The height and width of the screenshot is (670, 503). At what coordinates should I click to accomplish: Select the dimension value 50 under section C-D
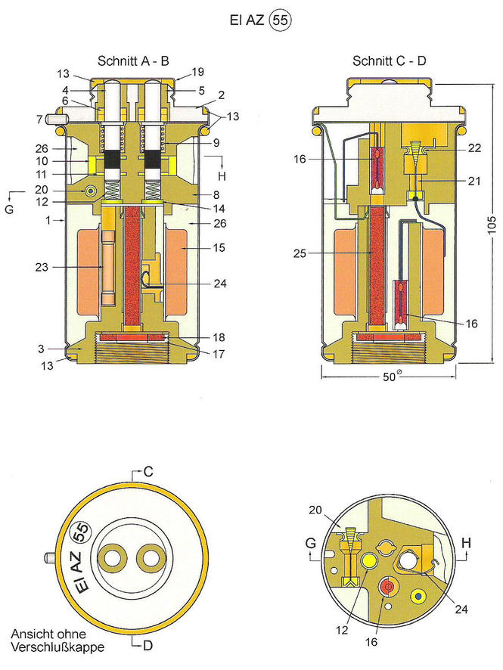(387, 379)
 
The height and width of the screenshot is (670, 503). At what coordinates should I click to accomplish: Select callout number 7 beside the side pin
(38, 119)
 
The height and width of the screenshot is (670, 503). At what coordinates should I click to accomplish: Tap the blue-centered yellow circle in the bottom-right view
(417, 596)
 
